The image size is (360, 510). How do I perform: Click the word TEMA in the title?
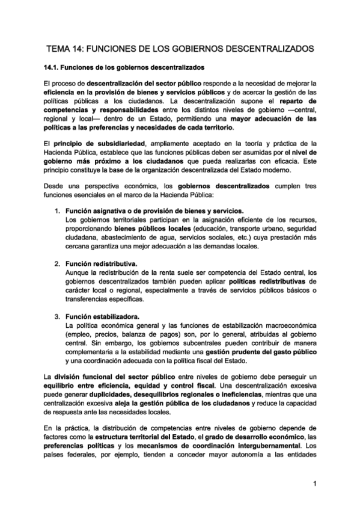pyautogui.click(x=59, y=46)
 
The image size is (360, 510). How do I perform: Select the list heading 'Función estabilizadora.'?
pyautogui.click(x=102, y=316)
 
